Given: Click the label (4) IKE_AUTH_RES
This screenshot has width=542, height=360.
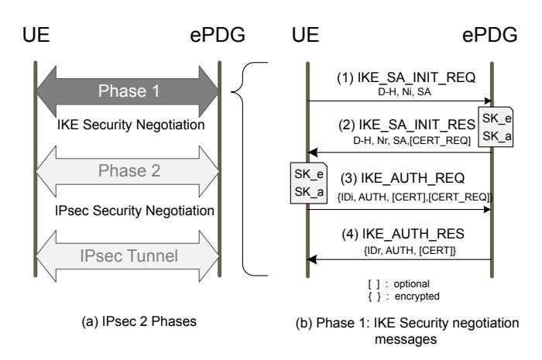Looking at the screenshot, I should coord(398,233).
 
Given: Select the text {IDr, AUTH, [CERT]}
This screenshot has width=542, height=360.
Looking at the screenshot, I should coord(400,248).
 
